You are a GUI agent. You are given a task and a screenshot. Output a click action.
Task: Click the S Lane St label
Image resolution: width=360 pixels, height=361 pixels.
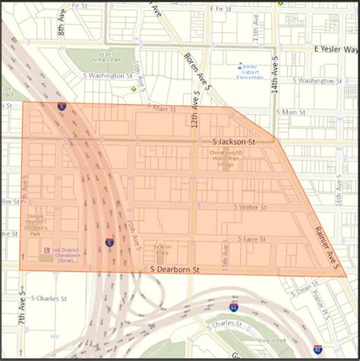coord(251,239)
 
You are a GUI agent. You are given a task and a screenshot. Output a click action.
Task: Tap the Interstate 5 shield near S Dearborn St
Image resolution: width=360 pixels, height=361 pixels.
coord(110,242)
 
